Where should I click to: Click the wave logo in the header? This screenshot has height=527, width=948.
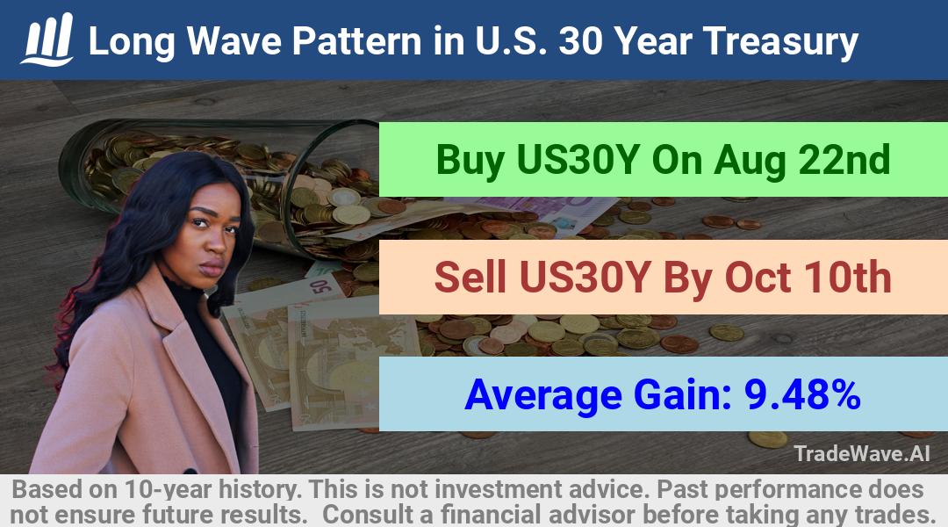(x=47, y=40)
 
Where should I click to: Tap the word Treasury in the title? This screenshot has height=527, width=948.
(x=780, y=41)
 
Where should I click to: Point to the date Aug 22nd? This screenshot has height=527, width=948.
(x=801, y=160)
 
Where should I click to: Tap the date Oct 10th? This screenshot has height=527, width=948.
(x=808, y=277)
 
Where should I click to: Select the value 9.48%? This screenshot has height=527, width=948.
(x=802, y=394)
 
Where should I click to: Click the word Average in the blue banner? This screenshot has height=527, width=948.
(x=543, y=395)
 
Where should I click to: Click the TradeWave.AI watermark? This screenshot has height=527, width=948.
(x=862, y=453)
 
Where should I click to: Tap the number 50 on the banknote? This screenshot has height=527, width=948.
(x=321, y=285)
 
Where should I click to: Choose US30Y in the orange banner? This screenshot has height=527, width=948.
(x=585, y=277)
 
